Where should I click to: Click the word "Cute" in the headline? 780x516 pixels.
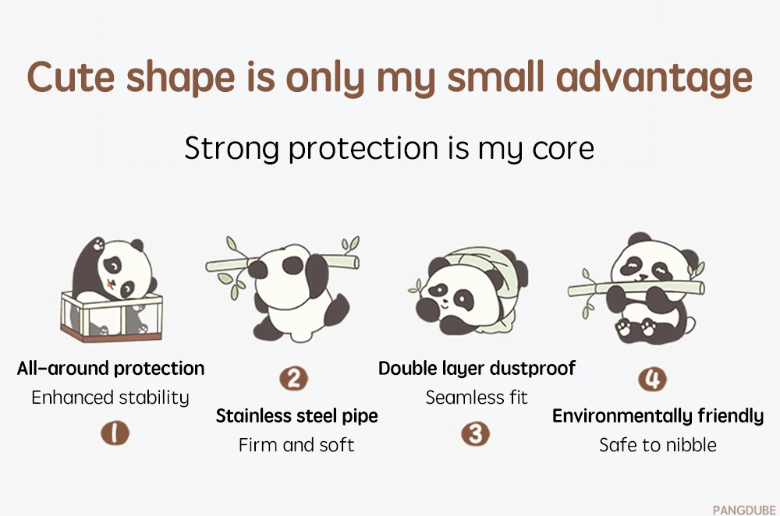point(71,77)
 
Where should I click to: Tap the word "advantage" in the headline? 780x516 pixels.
point(654,79)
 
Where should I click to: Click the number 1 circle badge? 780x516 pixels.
point(115,433)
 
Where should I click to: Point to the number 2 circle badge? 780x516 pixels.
point(293,379)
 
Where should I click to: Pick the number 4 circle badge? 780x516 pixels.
point(652,379)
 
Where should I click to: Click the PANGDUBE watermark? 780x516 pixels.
point(743,510)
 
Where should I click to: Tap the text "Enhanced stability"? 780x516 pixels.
point(110,398)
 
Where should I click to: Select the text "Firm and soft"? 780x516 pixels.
point(296,445)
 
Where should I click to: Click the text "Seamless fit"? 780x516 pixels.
point(476,398)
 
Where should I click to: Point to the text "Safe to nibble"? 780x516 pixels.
point(658,445)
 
